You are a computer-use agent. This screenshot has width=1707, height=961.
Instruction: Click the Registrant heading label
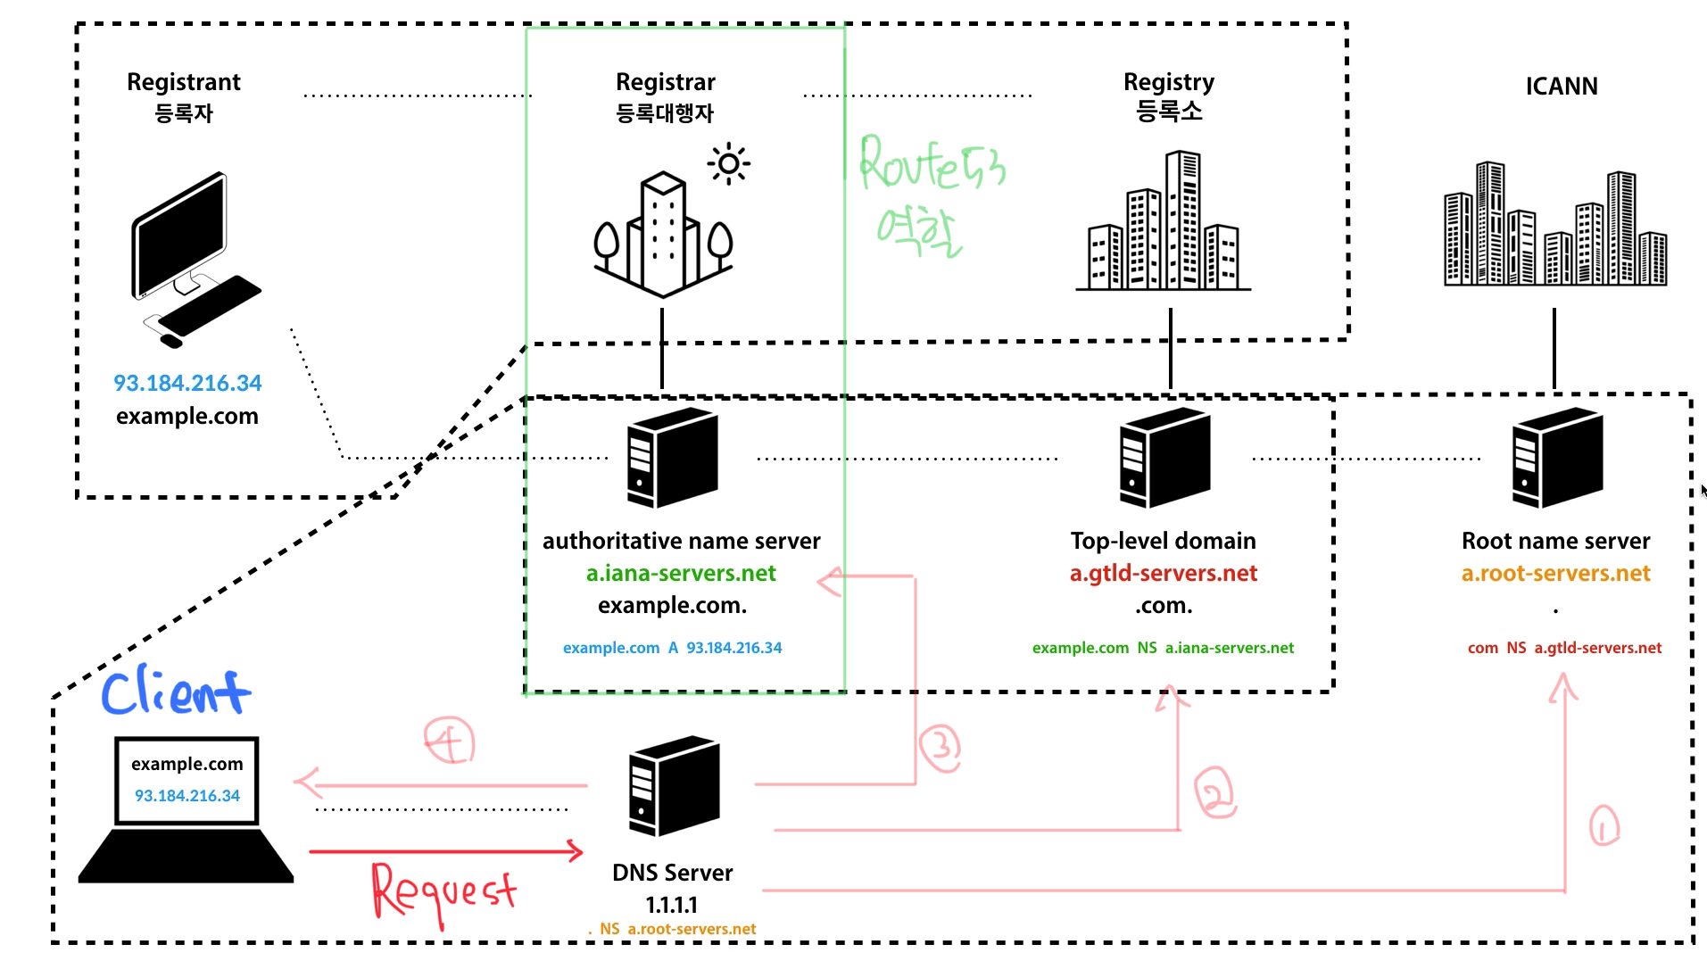[184, 82]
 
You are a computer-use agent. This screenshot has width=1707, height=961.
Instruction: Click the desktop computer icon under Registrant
[193, 259]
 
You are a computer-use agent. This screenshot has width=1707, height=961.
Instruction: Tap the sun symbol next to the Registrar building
[728, 163]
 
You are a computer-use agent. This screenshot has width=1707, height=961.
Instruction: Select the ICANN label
[1561, 87]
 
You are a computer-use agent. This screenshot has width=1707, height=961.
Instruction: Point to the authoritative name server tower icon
[671, 458]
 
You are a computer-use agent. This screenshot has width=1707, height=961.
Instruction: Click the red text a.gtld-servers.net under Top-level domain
[1163, 573]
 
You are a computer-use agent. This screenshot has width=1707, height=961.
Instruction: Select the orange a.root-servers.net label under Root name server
[1555, 573]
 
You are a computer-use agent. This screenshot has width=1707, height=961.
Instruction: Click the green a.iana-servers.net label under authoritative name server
[681, 573]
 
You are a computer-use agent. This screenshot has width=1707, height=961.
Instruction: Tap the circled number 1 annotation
[1603, 825]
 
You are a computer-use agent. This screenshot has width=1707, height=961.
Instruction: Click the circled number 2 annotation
[1214, 792]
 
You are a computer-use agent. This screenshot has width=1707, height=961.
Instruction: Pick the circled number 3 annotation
[940, 747]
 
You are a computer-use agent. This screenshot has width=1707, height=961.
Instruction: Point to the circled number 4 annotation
[449, 741]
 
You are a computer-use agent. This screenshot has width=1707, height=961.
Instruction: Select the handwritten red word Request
[443, 891]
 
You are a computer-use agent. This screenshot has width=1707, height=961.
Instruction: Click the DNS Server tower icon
[674, 785]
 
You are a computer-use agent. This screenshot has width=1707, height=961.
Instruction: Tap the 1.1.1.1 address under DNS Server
[671, 905]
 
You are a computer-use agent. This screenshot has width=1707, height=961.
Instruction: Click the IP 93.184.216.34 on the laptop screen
[187, 795]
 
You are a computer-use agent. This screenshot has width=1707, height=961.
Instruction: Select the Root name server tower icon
[1557, 458]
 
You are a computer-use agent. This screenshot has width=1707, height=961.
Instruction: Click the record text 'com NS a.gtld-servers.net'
[1564, 648]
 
